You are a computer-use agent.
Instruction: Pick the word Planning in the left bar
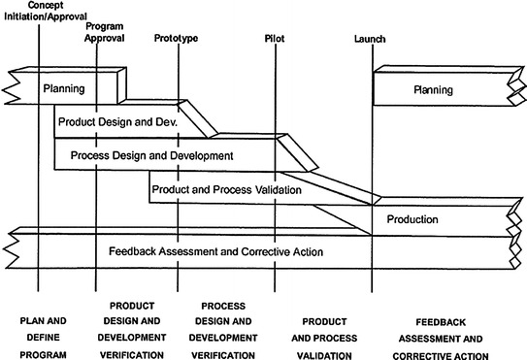[63, 89]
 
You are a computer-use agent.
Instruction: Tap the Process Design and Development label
[146, 155]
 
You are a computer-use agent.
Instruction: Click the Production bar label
[412, 219]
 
